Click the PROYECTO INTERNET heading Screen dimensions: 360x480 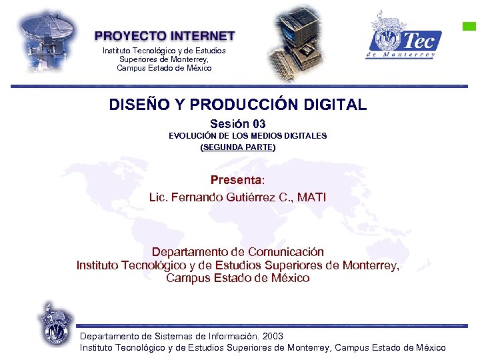(165, 36)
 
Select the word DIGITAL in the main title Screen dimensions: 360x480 (335, 105)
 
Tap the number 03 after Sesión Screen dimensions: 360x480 (259, 124)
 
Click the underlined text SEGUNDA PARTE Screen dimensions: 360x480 (238, 147)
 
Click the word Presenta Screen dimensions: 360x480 (236, 180)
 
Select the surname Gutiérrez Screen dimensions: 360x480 (241, 197)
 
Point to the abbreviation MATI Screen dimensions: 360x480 (312, 197)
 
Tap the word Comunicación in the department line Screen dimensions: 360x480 (285, 252)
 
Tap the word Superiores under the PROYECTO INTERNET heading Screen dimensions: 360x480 (138, 59)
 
